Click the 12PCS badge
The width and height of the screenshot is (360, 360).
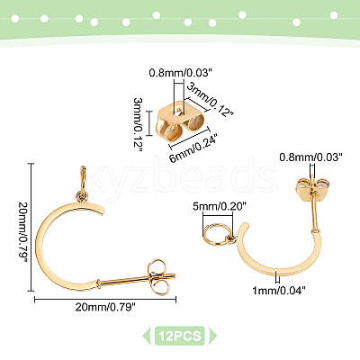[180, 336]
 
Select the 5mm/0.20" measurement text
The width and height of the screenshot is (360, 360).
[220, 206]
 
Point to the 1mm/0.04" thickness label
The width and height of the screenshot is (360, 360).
[279, 290]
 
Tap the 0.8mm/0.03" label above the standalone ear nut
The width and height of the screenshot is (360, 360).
[179, 73]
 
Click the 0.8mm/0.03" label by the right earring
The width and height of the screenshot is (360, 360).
[310, 157]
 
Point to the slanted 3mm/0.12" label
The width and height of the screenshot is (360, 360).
[210, 100]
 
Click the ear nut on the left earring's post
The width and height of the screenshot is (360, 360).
[157, 276]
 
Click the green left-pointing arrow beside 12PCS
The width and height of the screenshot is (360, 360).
[147, 336]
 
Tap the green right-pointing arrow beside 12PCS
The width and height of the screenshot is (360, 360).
[212, 336]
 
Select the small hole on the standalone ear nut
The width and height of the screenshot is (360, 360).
[178, 113]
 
